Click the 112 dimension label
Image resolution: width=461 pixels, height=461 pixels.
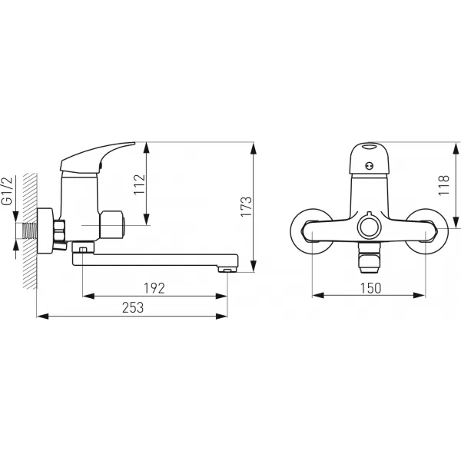[139, 184]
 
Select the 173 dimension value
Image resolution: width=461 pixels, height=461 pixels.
[247, 207]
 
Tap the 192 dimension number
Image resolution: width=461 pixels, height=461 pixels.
[154, 288]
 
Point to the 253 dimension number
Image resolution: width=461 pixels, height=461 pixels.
[133, 308]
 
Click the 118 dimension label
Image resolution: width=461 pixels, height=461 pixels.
[444, 185]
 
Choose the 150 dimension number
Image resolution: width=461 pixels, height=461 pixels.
[370, 288]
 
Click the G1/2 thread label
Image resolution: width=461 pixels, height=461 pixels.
[8, 191]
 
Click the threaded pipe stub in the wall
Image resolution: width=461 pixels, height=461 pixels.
[29, 230]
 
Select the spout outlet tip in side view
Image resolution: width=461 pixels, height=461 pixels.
[227, 270]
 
